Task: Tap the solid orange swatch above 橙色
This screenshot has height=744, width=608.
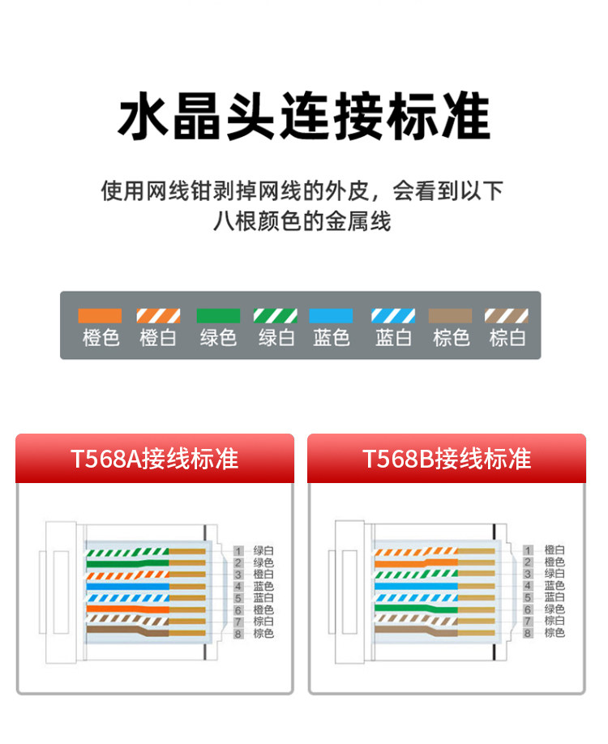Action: pos(100,316)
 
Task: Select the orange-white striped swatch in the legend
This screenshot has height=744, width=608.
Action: pos(158,316)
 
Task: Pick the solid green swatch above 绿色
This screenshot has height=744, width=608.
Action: pos(218,316)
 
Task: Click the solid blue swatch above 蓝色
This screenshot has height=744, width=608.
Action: pos(332,316)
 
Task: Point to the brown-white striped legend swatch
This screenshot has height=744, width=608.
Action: pos(507,316)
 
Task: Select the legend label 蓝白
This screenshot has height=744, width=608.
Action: pos(393,338)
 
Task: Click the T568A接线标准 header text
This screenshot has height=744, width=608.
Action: pos(154,459)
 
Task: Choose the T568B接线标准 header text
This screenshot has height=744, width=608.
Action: pos(447,459)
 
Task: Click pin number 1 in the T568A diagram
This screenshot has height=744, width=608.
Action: pos(238,551)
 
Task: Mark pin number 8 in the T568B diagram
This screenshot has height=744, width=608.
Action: pos(528,633)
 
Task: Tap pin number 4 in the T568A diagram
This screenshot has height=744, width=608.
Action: pos(238,586)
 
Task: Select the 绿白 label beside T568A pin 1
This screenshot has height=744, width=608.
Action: pos(263,551)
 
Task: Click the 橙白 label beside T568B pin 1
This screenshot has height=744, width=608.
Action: pos(554,551)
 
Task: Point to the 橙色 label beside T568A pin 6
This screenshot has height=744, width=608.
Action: pos(263,609)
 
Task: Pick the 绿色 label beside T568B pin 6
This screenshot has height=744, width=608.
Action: pos(554,609)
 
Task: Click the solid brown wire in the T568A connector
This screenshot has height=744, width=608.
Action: pos(113,629)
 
